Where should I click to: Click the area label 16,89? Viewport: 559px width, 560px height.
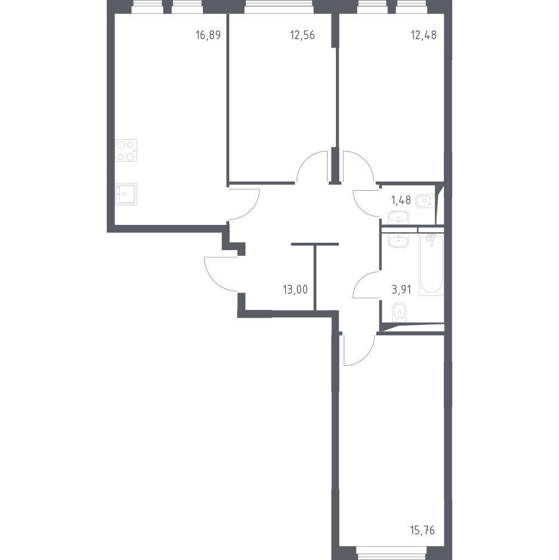[x=208, y=35]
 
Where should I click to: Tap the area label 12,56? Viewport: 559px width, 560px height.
[x=302, y=35]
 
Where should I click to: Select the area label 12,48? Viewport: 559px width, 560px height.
[x=424, y=35]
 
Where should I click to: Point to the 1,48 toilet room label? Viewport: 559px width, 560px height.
[x=401, y=200]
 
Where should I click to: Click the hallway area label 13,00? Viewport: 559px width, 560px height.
[x=295, y=289]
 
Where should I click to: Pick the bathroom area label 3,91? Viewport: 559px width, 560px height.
[x=401, y=289]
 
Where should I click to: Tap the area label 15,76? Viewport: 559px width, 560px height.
[x=423, y=530]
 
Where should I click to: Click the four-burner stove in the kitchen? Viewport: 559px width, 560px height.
[x=126, y=150]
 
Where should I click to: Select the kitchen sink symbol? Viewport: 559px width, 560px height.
[x=126, y=194]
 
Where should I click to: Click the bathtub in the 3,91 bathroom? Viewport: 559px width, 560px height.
[x=431, y=264]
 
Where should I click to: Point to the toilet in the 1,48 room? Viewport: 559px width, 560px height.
[x=425, y=201]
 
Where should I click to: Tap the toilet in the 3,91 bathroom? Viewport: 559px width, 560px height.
[x=399, y=312]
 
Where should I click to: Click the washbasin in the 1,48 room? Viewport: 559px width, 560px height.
[x=398, y=218]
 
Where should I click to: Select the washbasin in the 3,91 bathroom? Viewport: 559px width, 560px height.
[x=398, y=241]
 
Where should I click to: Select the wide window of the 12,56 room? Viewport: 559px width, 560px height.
[x=278, y=7]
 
